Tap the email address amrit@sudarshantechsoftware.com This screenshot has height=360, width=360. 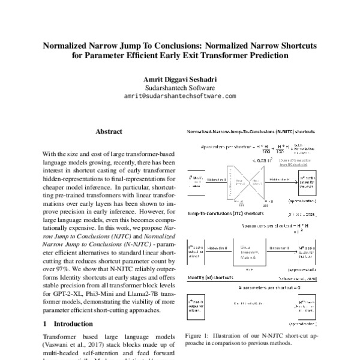179,95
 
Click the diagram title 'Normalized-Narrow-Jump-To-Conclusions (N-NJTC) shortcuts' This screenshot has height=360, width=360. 252,131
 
